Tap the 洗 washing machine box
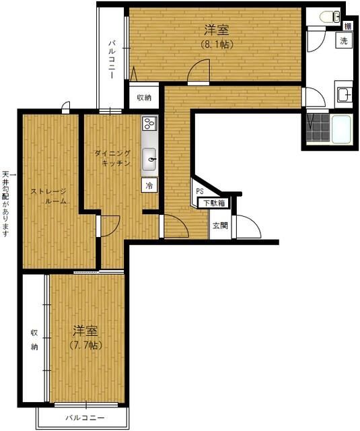pyautogui.click(x=343, y=40)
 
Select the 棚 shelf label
pyautogui.click(x=347, y=26)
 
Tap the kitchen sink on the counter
pyautogui.click(x=149, y=159)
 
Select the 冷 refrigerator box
pyautogui.click(x=148, y=185)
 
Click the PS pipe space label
pyautogui.click(x=200, y=191)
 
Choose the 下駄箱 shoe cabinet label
pyautogui.click(x=211, y=203)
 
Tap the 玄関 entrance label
pyautogui.click(x=220, y=226)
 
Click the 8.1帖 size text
pyautogui.click(x=216, y=45)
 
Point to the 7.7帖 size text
pyautogui.click(x=85, y=345)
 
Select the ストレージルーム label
pyautogui.click(x=48, y=196)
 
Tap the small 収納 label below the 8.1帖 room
pyautogui.click(x=144, y=98)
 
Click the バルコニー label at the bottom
pyautogui.click(x=85, y=418)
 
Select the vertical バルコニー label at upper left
pyautogui.click(x=112, y=60)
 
